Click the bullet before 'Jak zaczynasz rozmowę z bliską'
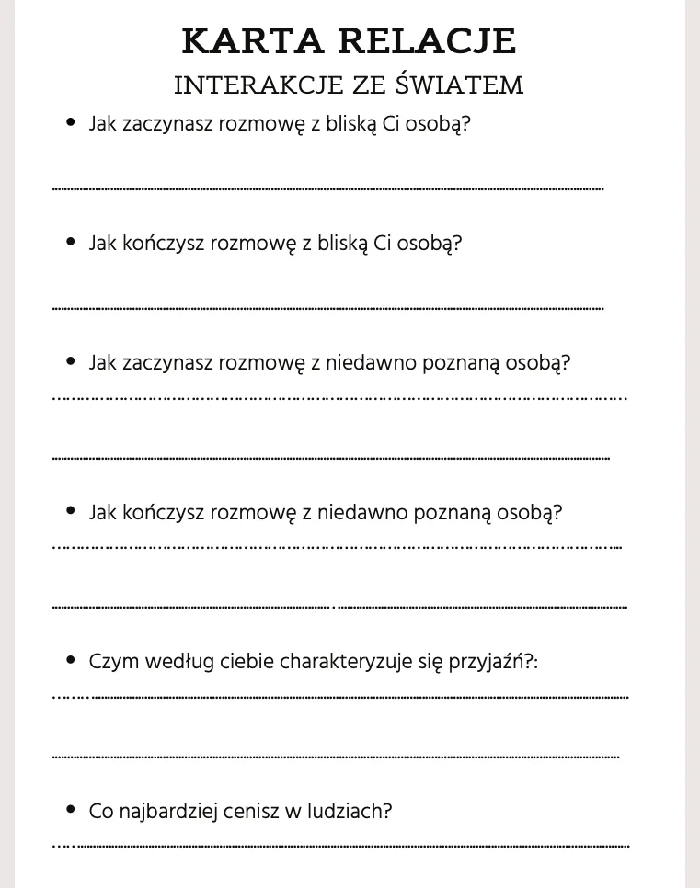(71, 122)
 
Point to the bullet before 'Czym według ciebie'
(71, 660)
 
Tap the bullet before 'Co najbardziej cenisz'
(71, 810)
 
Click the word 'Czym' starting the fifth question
(110, 662)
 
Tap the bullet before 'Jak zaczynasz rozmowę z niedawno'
(71, 361)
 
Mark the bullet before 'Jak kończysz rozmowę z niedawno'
(71, 511)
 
